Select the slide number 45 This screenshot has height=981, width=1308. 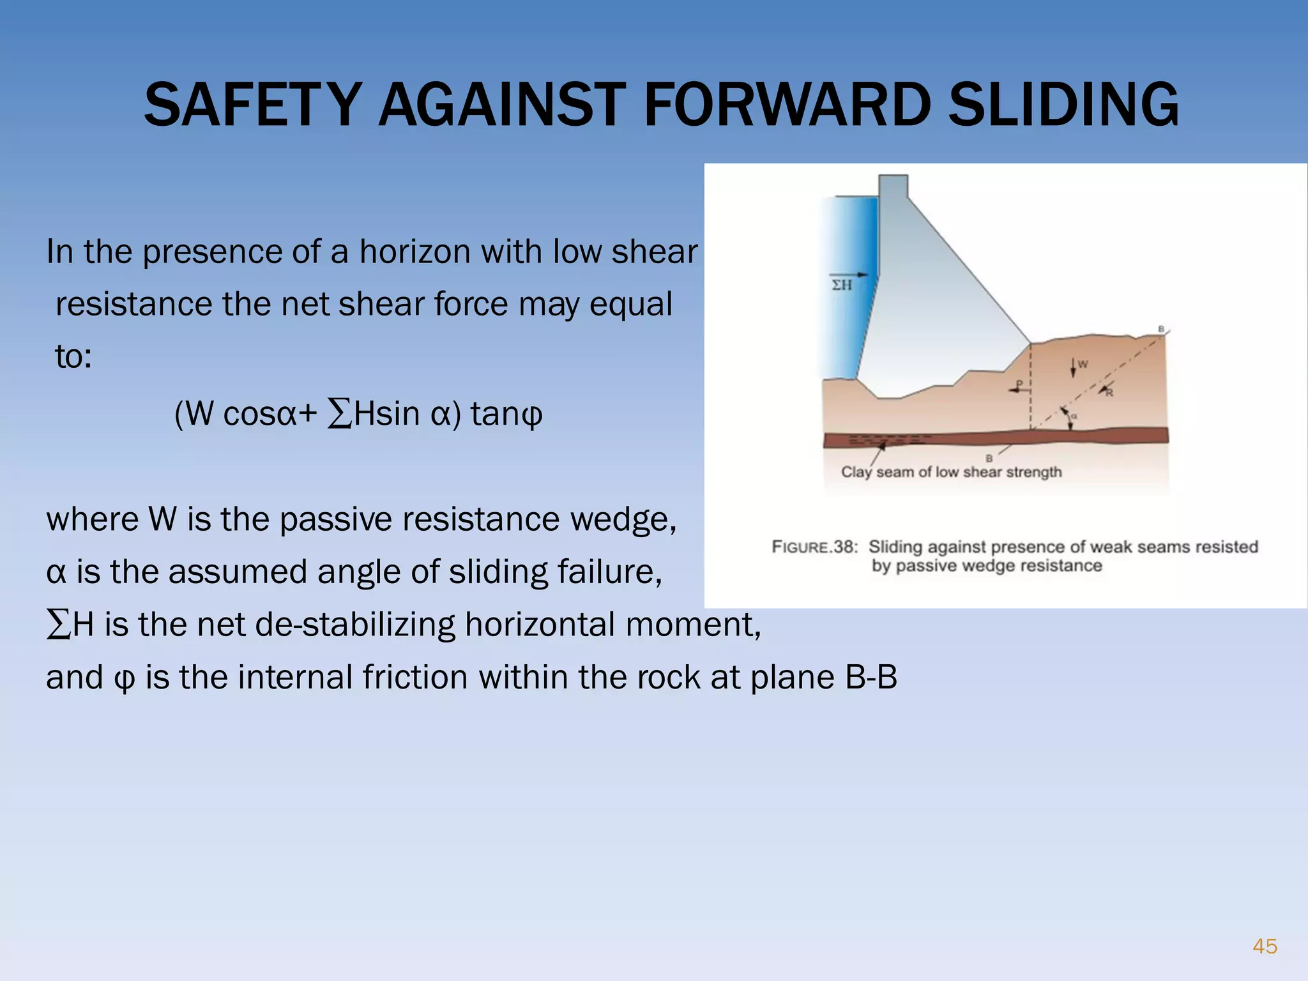point(1265,946)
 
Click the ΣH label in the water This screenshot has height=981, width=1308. point(842,285)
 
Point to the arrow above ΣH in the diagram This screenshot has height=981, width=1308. point(849,275)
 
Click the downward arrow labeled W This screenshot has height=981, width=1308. point(1073,367)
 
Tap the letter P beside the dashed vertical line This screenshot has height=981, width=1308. point(1019,384)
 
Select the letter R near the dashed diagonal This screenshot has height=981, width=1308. point(1109,393)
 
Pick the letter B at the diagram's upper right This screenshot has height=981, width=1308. point(1162,329)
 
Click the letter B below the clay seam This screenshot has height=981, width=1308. point(989,458)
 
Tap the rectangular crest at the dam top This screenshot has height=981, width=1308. point(893,186)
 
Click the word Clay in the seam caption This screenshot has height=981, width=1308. point(856,472)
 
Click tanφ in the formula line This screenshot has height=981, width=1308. point(506,414)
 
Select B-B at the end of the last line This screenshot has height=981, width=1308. point(871,677)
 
